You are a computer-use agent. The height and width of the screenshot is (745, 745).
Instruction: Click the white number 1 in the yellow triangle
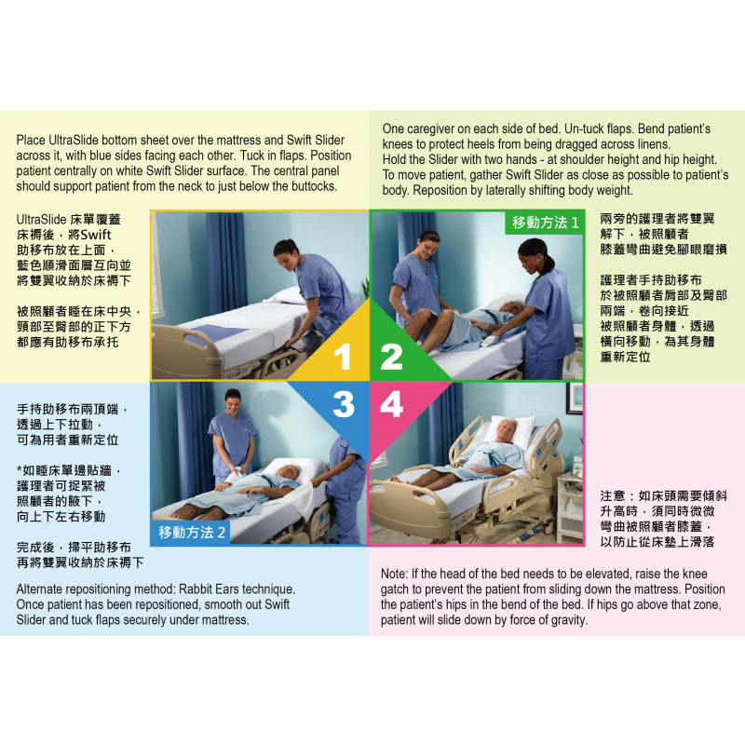(343, 358)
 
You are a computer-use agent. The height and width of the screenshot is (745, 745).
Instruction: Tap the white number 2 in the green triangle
(391, 358)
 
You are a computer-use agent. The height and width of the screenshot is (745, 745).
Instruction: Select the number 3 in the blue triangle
(343, 405)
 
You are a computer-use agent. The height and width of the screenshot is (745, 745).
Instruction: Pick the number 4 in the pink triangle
(391, 405)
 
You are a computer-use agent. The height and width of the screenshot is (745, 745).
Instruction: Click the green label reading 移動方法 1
(545, 223)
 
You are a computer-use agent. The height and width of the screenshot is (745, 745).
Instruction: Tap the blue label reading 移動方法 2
(192, 533)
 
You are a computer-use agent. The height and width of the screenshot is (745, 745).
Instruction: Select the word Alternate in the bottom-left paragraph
(43, 589)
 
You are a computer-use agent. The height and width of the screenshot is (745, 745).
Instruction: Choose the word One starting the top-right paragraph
(395, 128)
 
